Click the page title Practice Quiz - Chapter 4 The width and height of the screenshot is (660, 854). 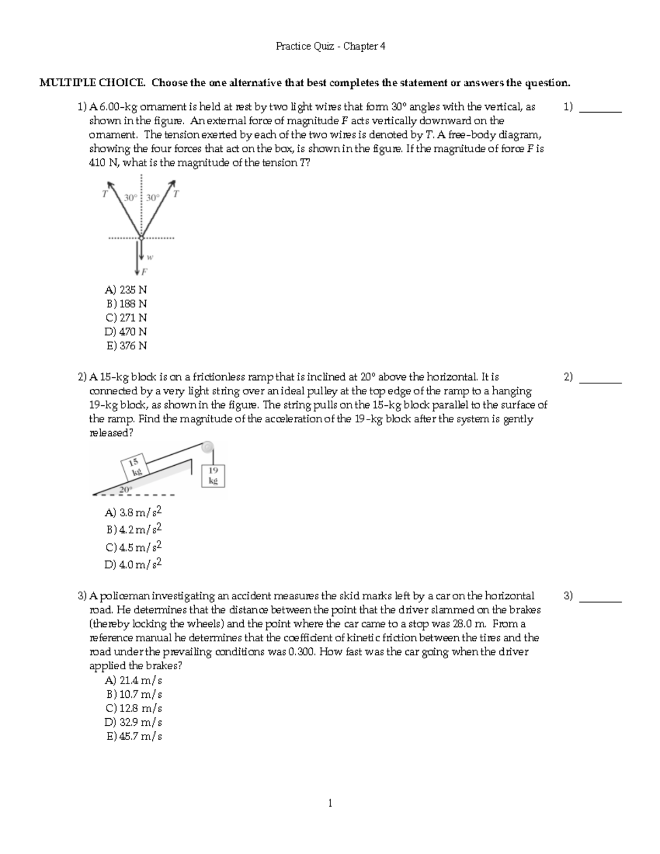[330, 47]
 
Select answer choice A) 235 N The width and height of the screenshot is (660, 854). [126, 290]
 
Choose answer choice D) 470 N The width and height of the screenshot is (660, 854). [126, 332]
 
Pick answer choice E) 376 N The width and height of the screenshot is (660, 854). [126, 346]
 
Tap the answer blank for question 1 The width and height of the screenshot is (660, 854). [601, 108]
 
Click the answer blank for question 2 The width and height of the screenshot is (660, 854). [601, 378]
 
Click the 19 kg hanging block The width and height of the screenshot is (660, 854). [213, 475]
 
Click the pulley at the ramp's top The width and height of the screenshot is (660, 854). [207, 447]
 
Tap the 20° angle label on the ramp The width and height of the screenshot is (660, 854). [126, 489]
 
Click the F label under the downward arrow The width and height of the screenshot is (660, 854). [145, 272]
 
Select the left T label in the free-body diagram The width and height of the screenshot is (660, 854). [105, 194]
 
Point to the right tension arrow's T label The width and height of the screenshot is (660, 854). [176, 194]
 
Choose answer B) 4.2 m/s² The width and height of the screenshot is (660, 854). [134, 530]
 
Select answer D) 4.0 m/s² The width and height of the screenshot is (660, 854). [134, 565]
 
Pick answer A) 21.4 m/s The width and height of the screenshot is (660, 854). [134, 681]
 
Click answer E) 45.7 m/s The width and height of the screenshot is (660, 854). [134, 737]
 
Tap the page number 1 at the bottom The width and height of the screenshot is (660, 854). [330, 804]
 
